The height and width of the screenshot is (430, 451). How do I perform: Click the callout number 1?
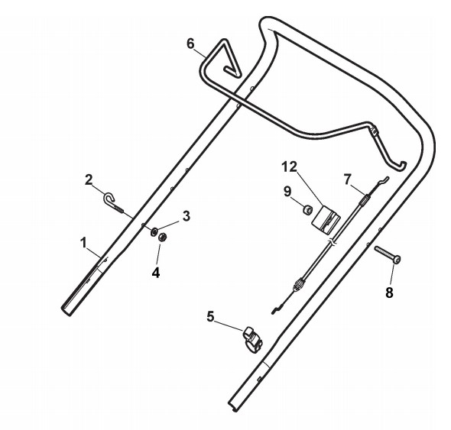83,243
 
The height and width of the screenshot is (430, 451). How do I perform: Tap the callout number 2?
89,180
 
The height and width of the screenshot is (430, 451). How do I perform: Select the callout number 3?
187,216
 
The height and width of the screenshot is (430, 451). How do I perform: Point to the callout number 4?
156,273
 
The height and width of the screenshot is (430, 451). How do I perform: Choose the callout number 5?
210,317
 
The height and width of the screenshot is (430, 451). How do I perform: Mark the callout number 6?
190,44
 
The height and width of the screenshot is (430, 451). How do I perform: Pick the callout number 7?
348,179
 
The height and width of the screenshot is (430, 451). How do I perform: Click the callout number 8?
389,293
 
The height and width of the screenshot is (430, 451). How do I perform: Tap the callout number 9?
287,192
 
